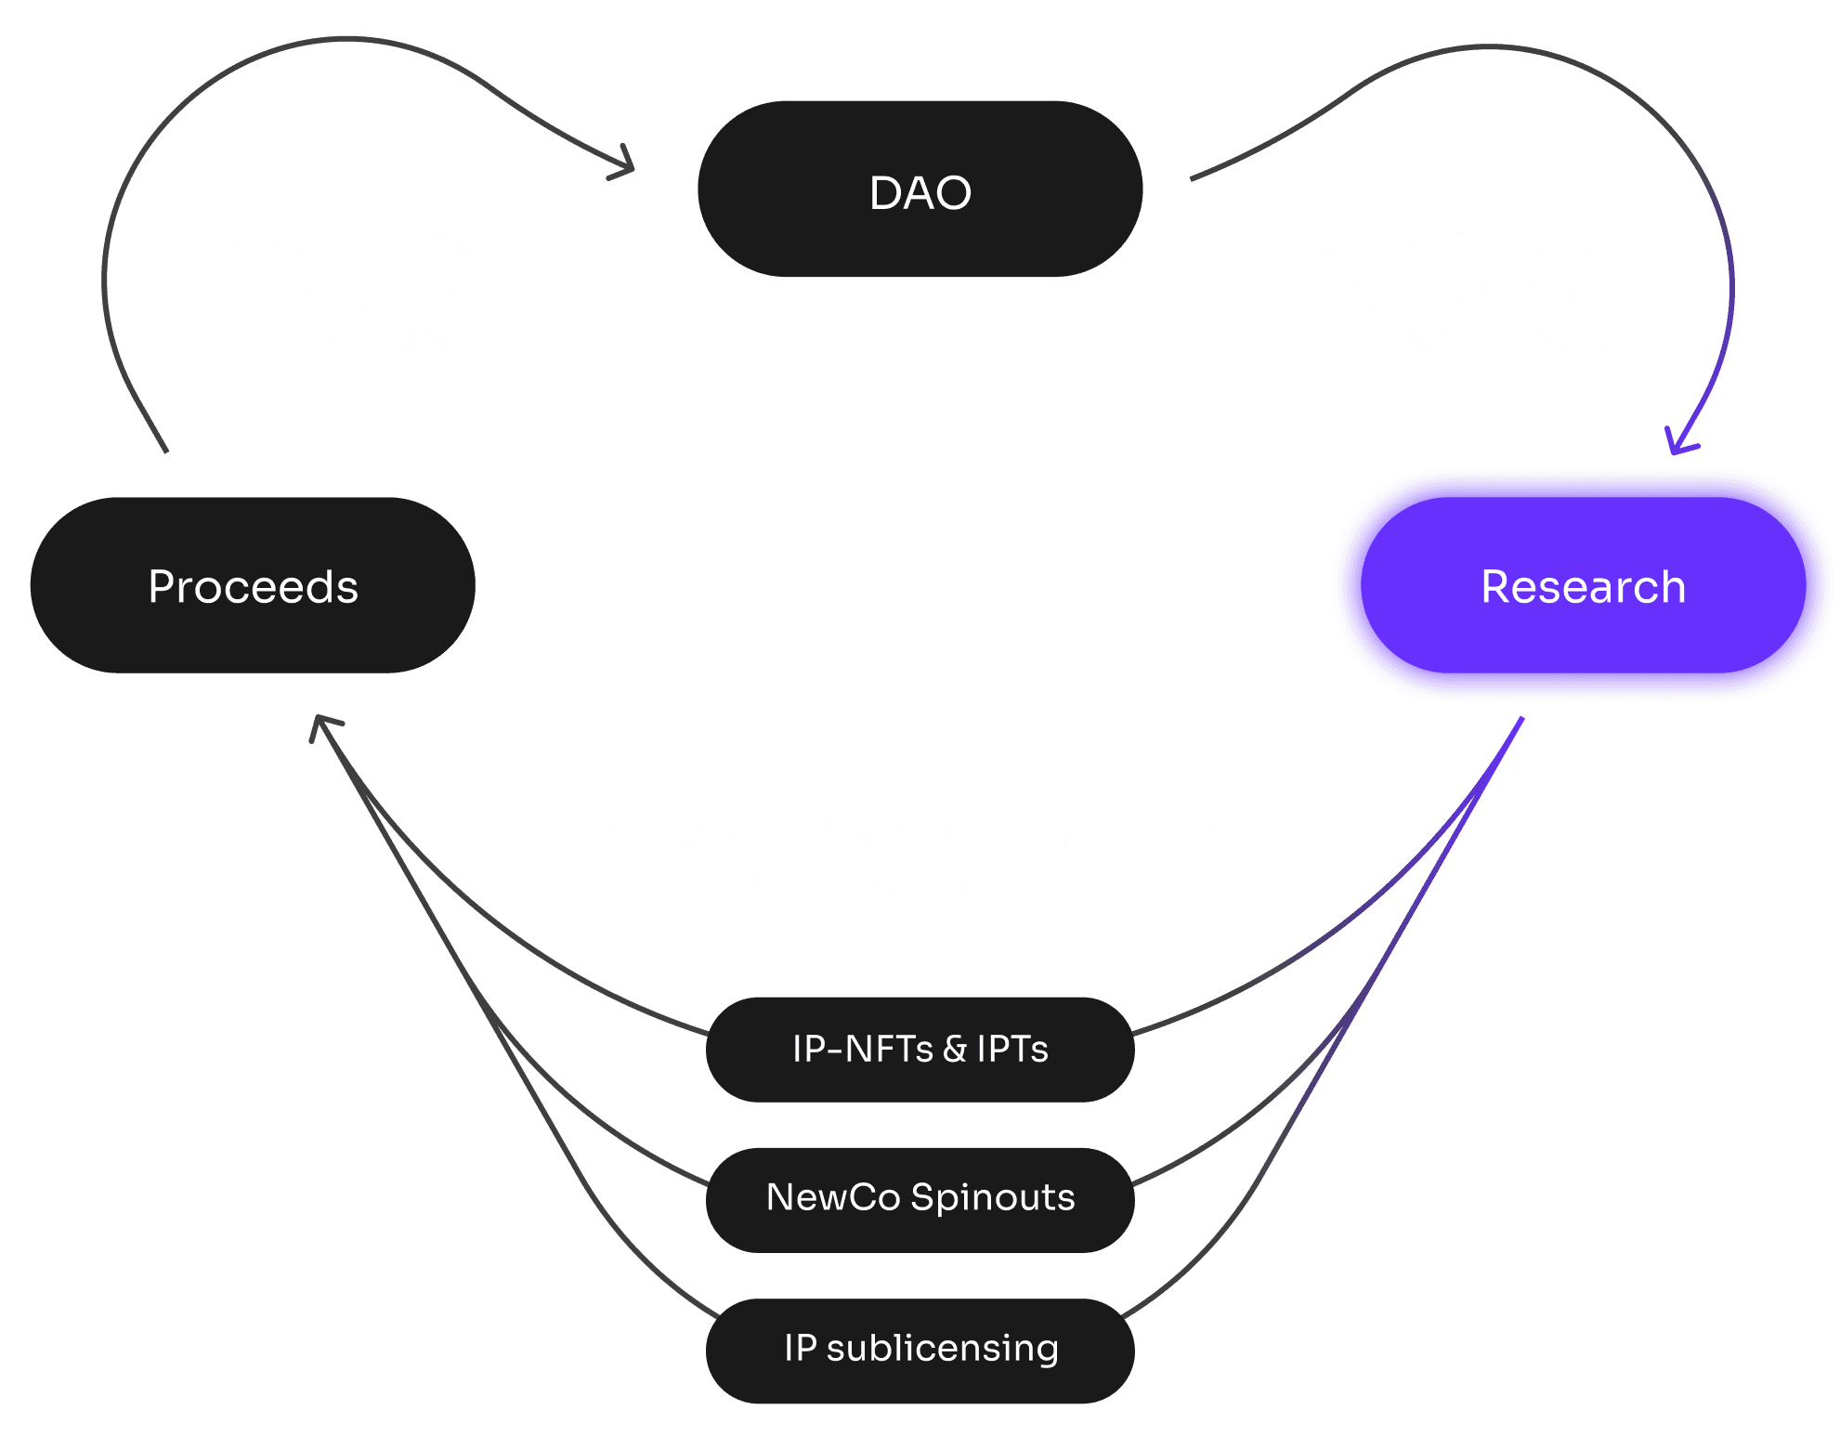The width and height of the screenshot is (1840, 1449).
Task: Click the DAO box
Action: (920, 189)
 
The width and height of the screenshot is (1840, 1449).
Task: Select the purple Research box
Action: (1583, 586)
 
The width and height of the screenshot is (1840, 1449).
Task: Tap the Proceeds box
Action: (253, 586)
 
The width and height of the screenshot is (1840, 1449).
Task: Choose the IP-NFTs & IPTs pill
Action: (920, 1050)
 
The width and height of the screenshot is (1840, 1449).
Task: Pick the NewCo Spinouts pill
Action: (920, 1199)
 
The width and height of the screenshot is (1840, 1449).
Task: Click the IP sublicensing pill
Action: (920, 1350)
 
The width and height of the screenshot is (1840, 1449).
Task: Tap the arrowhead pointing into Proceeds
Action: (321, 724)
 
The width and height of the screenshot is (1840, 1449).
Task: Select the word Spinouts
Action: (992, 1199)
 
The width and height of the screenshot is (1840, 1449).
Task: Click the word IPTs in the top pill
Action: (1011, 1050)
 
